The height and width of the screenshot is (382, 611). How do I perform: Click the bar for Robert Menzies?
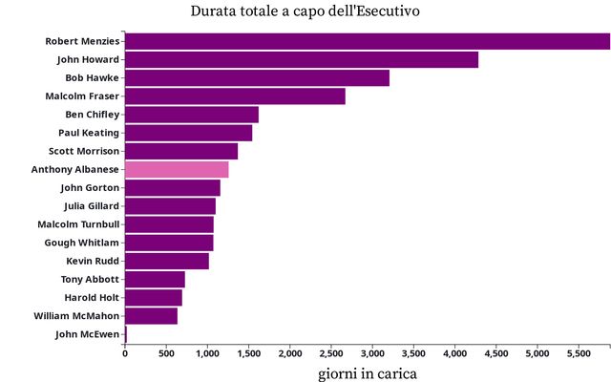pyautogui.click(x=368, y=41)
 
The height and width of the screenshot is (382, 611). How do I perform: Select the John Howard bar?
pyautogui.click(x=302, y=59)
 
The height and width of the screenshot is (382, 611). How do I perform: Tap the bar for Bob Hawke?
pyautogui.click(x=257, y=78)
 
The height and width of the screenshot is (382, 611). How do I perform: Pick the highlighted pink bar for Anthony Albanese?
pyautogui.click(x=177, y=170)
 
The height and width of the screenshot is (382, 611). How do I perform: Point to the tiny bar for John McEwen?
pyautogui.click(x=126, y=334)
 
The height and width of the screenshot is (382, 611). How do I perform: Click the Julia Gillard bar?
pyautogui.click(x=170, y=206)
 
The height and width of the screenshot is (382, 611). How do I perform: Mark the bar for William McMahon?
pyautogui.click(x=151, y=316)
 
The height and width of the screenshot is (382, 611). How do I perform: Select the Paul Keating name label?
pyautogui.click(x=89, y=133)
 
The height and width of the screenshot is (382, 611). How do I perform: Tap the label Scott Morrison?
pyautogui.click(x=84, y=151)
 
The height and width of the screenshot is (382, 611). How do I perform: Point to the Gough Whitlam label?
pyautogui.click(x=82, y=243)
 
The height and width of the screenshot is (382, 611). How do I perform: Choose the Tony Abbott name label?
pyautogui.click(x=90, y=279)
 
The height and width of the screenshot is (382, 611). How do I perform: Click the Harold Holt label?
pyautogui.click(x=91, y=297)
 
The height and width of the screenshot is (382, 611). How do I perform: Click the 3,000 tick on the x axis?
pyautogui.click(x=372, y=354)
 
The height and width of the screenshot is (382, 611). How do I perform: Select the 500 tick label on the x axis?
pyautogui.click(x=166, y=354)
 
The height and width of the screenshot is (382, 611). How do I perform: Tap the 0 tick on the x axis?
pyautogui.click(x=125, y=354)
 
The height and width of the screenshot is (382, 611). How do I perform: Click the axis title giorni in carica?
pyautogui.click(x=368, y=371)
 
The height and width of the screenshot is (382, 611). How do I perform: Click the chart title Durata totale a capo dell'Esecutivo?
pyautogui.click(x=305, y=11)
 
